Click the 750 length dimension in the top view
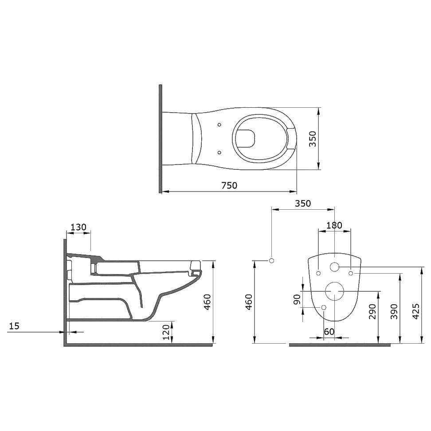tap(229, 185)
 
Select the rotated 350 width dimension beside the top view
tap(313, 139)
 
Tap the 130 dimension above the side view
tap(78, 227)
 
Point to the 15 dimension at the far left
tap(14, 326)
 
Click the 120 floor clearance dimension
tap(166, 332)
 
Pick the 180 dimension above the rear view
tap(334, 225)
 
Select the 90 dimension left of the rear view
tap(297, 299)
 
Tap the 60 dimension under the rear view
tap(329, 332)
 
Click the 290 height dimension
tap(372, 311)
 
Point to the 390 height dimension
tap(395, 311)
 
